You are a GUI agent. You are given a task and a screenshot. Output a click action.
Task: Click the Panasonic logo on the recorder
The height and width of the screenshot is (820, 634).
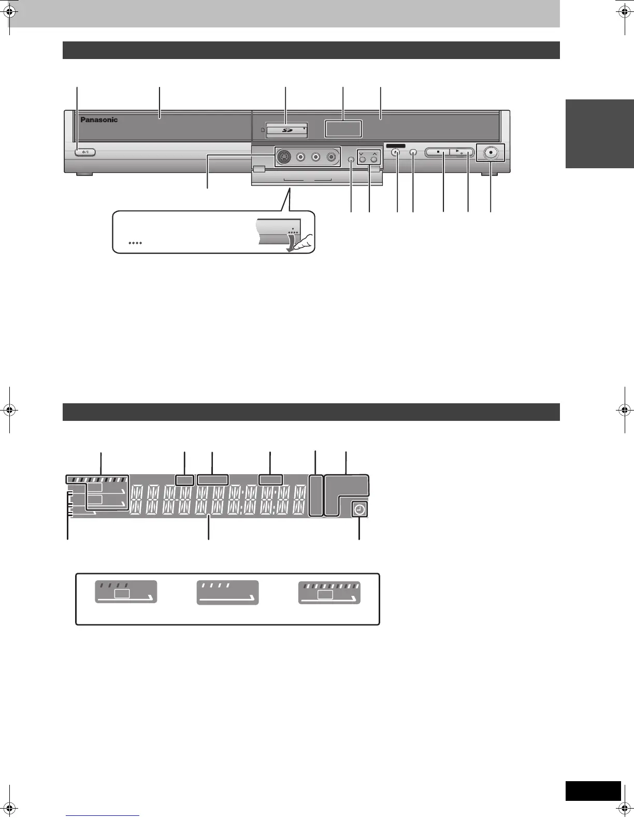(x=99, y=120)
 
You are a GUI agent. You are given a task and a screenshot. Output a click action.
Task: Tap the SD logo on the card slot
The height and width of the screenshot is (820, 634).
(x=286, y=130)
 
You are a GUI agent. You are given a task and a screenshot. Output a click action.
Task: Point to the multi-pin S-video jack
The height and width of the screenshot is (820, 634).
(x=283, y=156)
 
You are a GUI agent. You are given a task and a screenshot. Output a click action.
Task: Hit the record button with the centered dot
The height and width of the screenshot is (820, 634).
(x=491, y=153)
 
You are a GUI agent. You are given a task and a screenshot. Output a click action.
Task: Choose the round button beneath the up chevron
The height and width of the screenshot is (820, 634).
(x=374, y=160)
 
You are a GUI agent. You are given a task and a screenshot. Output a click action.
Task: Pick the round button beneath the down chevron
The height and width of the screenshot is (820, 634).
(x=362, y=160)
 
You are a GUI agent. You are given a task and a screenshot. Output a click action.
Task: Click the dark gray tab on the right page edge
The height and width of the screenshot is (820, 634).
(x=600, y=134)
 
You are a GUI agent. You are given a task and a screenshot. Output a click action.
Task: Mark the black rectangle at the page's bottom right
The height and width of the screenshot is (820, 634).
(x=593, y=790)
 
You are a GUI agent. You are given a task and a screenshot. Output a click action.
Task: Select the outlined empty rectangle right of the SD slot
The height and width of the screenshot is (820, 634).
(x=343, y=129)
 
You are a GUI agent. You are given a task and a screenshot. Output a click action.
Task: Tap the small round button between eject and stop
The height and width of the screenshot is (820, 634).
(x=413, y=153)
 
